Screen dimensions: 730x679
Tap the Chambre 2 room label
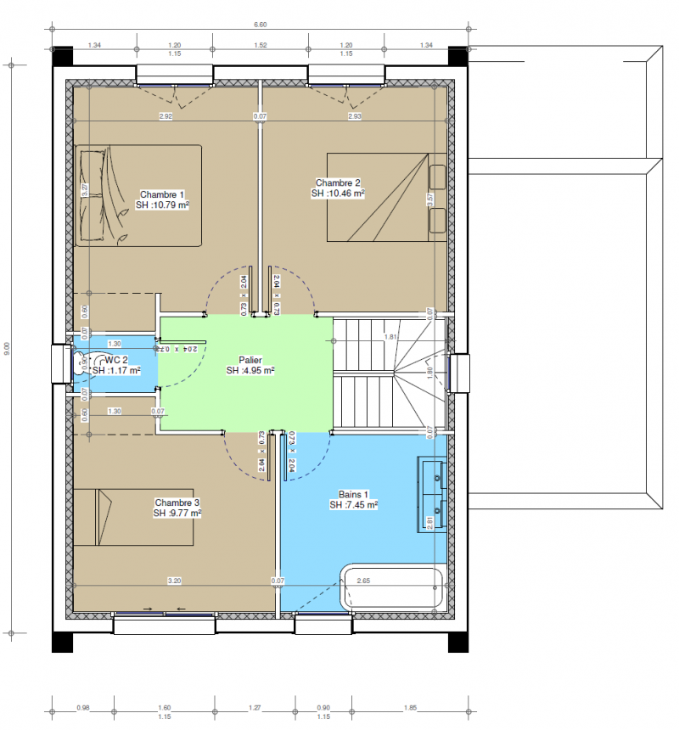tap(338, 188)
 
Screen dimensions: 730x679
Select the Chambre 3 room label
tap(177, 508)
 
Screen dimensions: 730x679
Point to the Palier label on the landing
tap(250, 365)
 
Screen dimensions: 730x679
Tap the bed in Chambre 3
tap(127, 519)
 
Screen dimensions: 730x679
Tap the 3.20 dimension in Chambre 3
tap(174, 581)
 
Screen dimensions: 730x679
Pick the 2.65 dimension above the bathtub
tap(363, 581)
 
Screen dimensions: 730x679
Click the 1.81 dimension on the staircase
tap(391, 337)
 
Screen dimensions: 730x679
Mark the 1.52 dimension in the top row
tap(261, 44)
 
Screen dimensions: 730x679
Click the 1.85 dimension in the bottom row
tap(411, 707)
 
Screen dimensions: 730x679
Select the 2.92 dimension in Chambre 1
tap(166, 115)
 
